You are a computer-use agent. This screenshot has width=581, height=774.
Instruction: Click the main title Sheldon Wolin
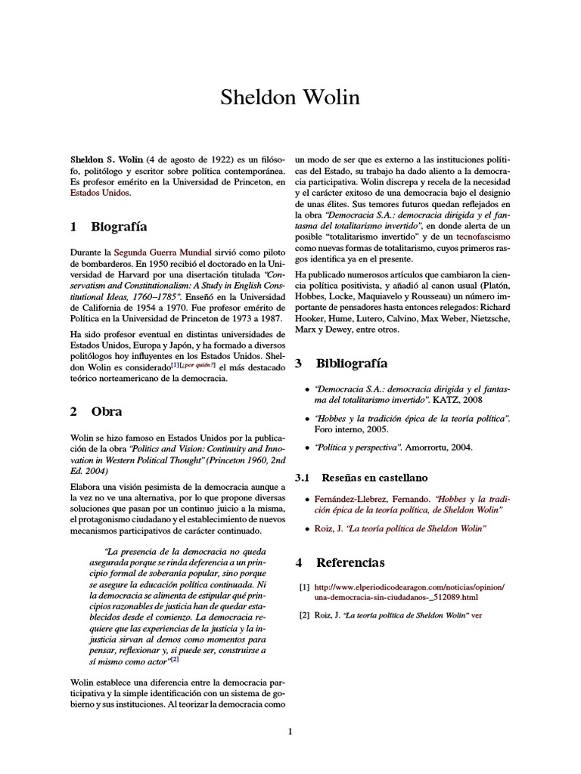pyautogui.click(x=290, y=98)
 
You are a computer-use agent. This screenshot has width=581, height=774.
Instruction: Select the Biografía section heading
pyautogui.click(x=119, y=227)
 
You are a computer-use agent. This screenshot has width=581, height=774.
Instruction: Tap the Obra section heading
pyautogui.click(x=107, y=412)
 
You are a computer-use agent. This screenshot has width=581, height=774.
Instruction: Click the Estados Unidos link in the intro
pyautogui.click(x=99, y=193)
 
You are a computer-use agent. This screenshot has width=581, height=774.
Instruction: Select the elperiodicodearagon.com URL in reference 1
pyautogui.click(x=409, y=587)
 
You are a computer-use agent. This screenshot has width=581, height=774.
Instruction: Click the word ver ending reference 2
pyautogui.click(x=476, y=615)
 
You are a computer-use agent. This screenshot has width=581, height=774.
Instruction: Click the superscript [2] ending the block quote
pyautogui.click(x=174, y=658)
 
